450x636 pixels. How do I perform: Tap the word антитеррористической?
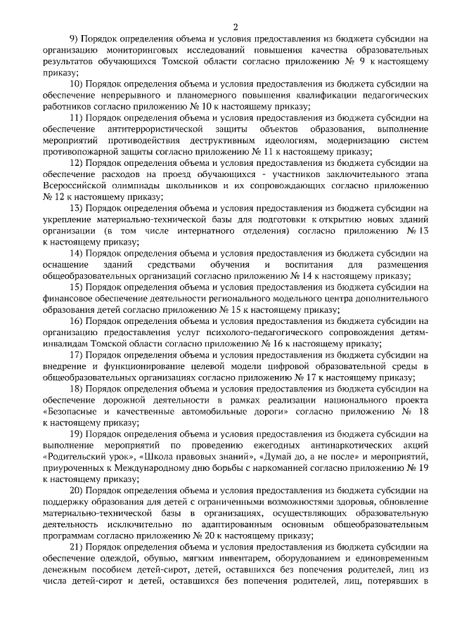[155, 130]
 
